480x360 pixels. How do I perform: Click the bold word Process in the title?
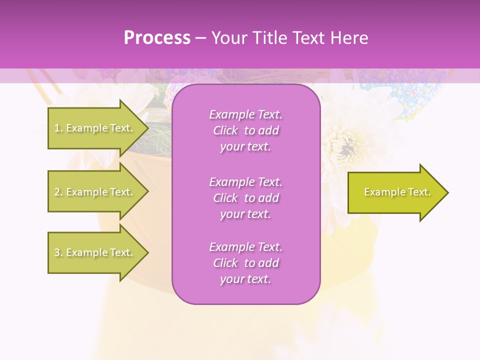click(157, 37)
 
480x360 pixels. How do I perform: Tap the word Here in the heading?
click(348, 37)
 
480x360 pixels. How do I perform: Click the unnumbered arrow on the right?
click(395, 192)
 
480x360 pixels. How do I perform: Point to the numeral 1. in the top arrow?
click(58, 128)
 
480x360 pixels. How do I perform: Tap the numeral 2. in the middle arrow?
click(58, 192)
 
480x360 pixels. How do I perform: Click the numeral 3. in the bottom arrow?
click(58, 252)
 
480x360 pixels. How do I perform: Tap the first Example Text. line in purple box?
click(245, 115)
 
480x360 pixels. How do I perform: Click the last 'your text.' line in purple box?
click(245, 279)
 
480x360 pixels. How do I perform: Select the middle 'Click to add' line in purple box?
click(245, 198)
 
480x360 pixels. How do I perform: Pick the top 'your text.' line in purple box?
click(245, 147)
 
